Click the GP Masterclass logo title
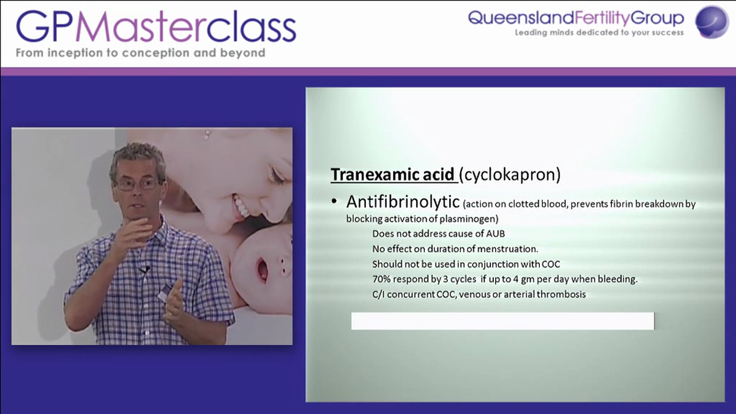click(x=156, y=27)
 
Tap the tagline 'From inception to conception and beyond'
click(x=140, y=53)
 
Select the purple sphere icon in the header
click(x=712, y=22)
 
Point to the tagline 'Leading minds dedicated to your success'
click(x=599, y=33)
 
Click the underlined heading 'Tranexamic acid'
click(x=393, y=174)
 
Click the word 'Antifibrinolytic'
click(x=402, y=202)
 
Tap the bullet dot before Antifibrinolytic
click(x=334, y=202)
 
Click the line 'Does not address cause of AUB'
click(x=438, y=233)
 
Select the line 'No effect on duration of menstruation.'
click(x=455, y=249)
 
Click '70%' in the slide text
click(x=382, y=279)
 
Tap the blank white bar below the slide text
click(x=503, y=321)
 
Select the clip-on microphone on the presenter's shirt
click(x=145, y=269)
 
